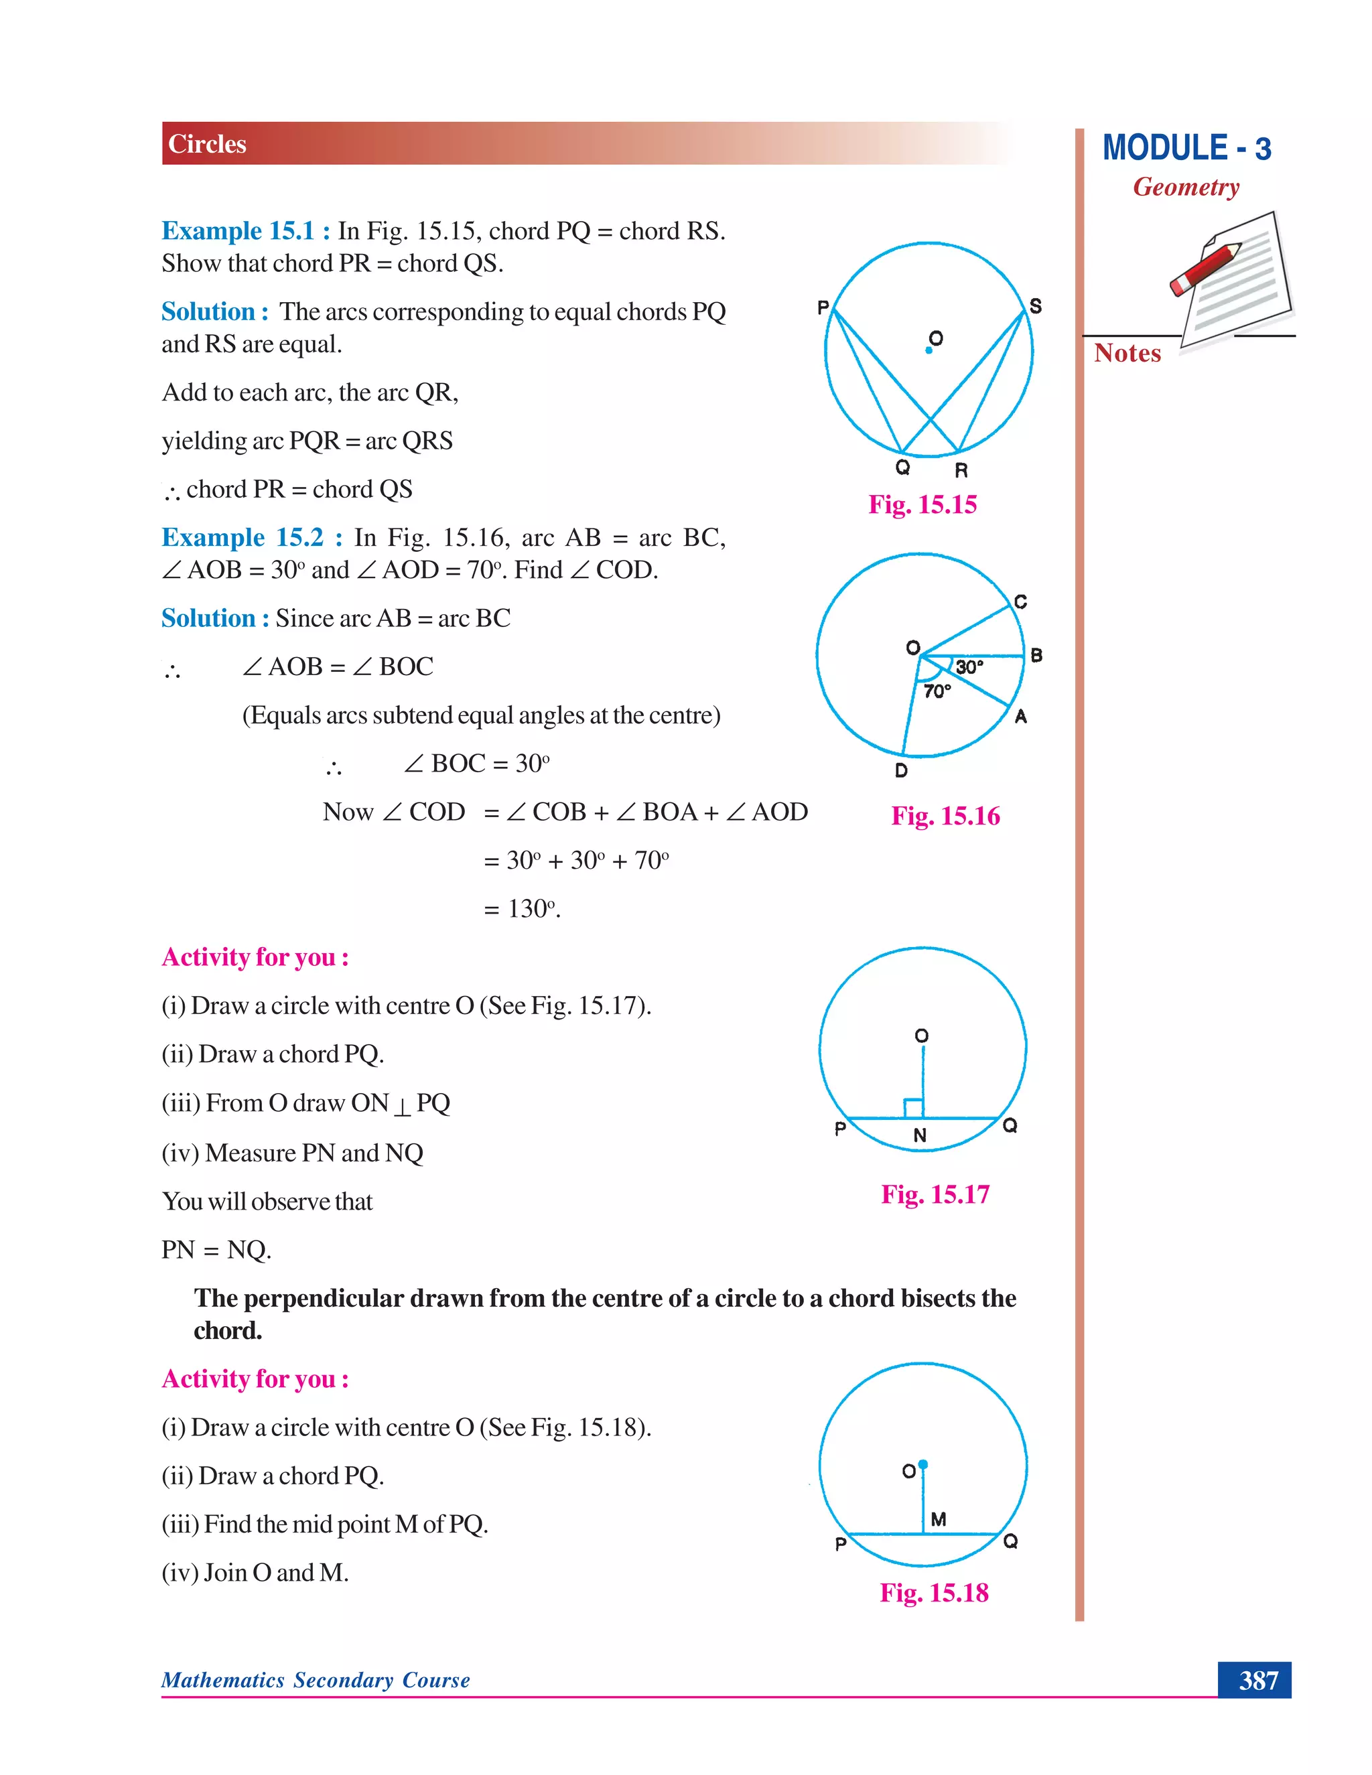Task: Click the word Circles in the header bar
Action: [x=206, y=144]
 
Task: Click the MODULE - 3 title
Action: [x=1186, y=149]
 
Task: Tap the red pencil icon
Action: [x=1205, y=269]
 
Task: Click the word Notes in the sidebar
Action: [x=1127, y=353]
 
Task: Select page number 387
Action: [x=1257, y=1680]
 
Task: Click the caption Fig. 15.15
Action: [x=922, y=505]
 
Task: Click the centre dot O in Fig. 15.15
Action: [x=929, y=350]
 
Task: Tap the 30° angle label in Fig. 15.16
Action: [x=969, y=667]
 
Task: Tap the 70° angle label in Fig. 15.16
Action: [x=937, y=692]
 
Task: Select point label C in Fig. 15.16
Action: [x=1021, y=601]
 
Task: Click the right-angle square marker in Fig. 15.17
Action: [x=914, y=1108]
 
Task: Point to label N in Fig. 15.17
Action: [x=920, y=1135]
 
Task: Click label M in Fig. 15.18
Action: [x=939, y=1519]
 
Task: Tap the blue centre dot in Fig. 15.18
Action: [x=922, y=1464]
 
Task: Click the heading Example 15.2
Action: [x=243, y=537]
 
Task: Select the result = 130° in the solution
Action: [x=522, y=909]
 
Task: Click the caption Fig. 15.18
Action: [x=934, y=1592]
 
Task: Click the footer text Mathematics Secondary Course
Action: [x=316, y=1680]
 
